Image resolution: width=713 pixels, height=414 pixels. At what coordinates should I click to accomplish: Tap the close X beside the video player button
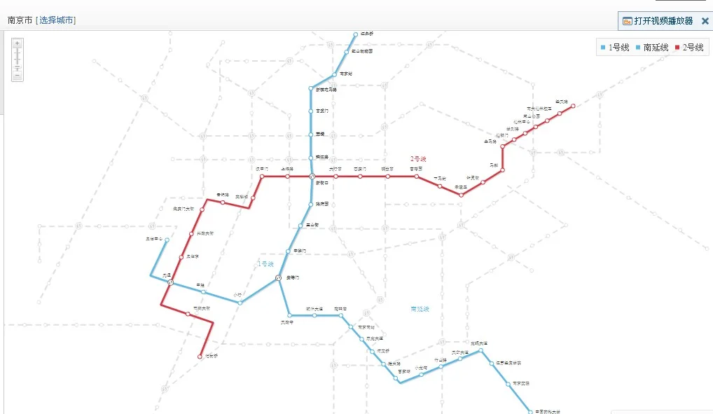(x=705, y=21)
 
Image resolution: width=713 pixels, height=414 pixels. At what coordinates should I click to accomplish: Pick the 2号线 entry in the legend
(x=688, y=48)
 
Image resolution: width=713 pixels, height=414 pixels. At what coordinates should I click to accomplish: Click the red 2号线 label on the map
(x=418, y=159)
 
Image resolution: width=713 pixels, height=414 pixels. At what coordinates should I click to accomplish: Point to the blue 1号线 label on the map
(x=265, y=263)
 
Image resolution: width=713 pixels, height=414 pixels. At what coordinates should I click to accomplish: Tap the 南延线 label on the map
(x=420, y=308)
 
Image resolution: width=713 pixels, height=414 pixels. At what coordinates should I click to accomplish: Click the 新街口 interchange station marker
(x=311, y=177)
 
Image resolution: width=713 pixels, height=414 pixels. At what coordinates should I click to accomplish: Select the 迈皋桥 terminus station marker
(x=356, y=34)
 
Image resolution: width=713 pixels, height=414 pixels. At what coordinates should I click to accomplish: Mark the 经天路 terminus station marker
(x=573, y=106)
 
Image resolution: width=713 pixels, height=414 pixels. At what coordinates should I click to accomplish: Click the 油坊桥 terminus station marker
(x=200, y=357)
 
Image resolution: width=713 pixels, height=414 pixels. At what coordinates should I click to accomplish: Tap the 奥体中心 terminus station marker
(x=167, y=240)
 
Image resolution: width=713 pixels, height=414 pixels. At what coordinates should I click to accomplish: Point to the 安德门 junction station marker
(x=279, y=278)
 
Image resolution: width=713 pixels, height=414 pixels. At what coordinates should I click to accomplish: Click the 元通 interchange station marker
(x=170, y=282)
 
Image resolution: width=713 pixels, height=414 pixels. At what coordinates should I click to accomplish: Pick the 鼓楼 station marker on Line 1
(x=310, y=134)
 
